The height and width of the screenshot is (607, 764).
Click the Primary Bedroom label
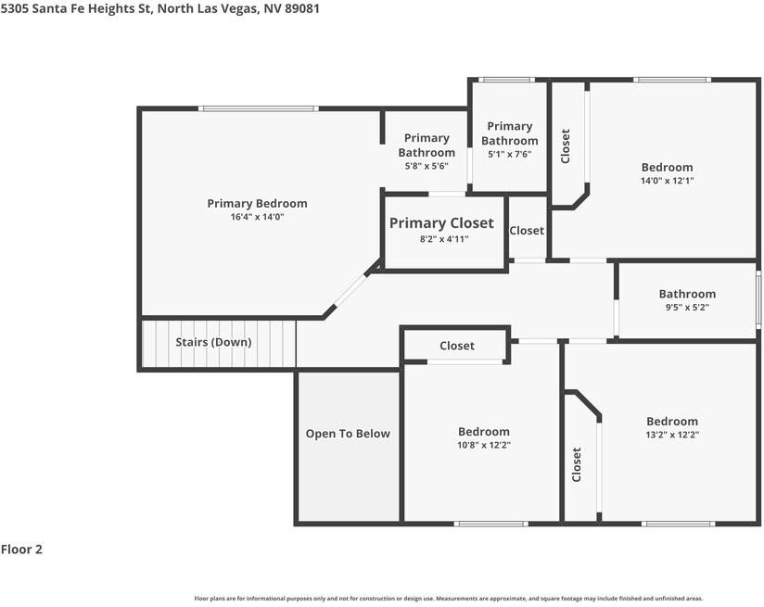click(x=257, y=203)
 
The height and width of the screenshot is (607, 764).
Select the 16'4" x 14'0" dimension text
click(x=257, y=217)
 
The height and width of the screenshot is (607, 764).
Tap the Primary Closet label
click(x=441, y=223)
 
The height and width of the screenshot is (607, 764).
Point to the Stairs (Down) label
click(x=213, y=342)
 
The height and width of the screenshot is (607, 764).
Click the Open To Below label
click(x=348, y=434)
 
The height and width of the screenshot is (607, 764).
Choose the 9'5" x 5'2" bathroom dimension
click(x=687, y=308)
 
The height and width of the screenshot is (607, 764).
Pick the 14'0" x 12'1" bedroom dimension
click(x=667, y=181)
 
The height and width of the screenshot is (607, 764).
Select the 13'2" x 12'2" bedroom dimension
click(x=672, y=435)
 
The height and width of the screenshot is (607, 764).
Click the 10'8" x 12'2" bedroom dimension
click(x=484, y=445)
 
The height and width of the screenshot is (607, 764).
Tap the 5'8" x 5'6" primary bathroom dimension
click(x=427, y=166)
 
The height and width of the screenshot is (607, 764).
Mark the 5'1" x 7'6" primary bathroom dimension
click(x=509, y=155)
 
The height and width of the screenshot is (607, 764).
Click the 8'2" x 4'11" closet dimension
click(x=444, y=239)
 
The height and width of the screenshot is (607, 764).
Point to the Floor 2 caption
click(x=21, y=549)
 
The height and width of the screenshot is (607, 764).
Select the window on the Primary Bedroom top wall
click(x=260, y=109)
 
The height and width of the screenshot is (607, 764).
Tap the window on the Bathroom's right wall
click(x=758, y=299)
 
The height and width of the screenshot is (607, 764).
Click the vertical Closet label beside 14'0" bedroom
click(x=566, y=145)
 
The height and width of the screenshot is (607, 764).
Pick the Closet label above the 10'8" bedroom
click(x=456, y=346)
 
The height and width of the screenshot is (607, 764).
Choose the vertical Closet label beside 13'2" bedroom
click(x=577, y=464)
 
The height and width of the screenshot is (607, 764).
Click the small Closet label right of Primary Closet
click(x=527, y=231)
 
